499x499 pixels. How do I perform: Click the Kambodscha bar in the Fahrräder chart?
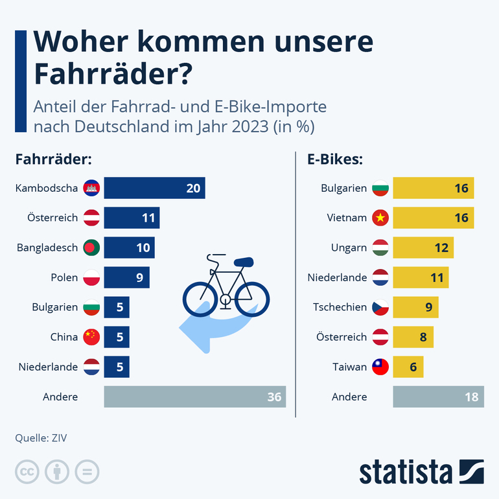154,188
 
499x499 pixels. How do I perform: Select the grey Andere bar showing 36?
194,397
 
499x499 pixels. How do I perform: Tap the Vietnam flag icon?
379,218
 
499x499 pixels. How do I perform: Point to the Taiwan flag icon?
379,367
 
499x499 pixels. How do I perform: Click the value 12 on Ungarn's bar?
440,248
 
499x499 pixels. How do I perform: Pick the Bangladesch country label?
47,248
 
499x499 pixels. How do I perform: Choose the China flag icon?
90,337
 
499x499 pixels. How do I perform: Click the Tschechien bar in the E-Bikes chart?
415,307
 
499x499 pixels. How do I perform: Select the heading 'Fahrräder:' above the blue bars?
53,159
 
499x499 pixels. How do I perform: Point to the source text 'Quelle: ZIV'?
41,438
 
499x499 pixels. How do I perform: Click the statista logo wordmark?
406,472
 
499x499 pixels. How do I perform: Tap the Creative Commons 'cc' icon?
27,471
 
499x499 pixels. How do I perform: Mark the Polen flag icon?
90,277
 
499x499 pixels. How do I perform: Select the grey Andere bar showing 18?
438,397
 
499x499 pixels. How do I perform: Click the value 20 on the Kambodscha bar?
193,188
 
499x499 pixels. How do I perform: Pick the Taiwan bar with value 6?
408,367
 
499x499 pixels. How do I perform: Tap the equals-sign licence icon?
87,471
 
